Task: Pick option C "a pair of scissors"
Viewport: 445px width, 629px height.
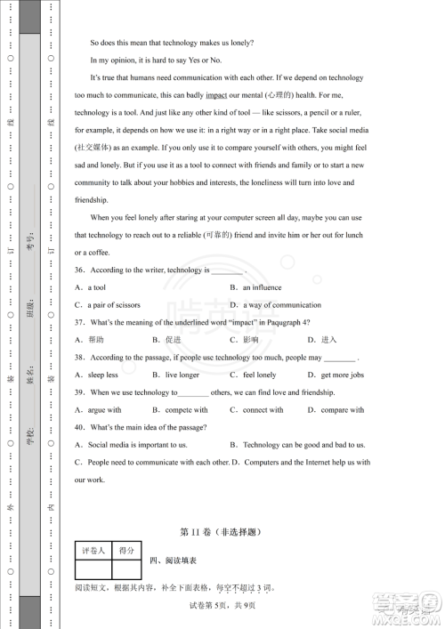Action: coord(108,305)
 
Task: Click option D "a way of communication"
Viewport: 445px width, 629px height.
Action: coord(275,305)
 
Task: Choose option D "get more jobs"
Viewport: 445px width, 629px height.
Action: coord(336,375)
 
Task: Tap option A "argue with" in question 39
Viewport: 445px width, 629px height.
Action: coord(99,410)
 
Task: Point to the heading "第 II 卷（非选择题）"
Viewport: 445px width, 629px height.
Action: coord(222,533)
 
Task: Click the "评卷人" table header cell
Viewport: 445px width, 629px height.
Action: coord(93,552)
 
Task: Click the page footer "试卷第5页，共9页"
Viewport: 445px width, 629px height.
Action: coord(222,606)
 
